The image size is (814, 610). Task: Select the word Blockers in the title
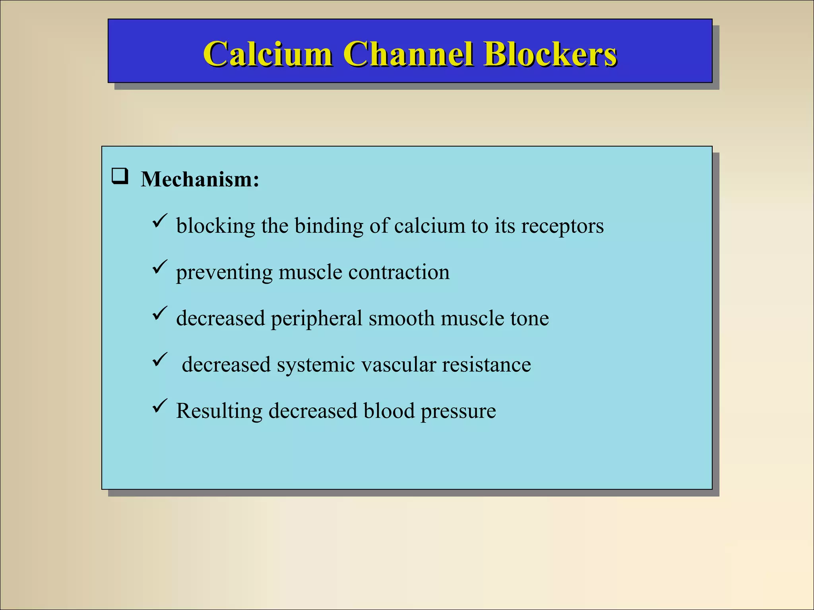[550, 54]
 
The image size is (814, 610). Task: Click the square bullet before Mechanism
[120, 176]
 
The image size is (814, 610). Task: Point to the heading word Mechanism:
[200, 179]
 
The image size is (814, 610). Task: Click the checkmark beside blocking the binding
[160, 221]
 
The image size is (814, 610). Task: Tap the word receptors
[562, 226]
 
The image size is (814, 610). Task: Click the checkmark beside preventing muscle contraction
[160, 267]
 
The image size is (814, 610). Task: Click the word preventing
[224, 273]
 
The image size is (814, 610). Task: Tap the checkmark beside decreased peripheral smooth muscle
[160, 313]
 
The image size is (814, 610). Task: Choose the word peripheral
[316, 319]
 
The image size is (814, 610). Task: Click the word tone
[529, 319]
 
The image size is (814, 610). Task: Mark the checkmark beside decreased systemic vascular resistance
[160, 360]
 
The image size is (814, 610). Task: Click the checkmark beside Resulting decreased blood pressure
[160, 406]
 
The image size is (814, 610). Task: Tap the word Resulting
[219, 411]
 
